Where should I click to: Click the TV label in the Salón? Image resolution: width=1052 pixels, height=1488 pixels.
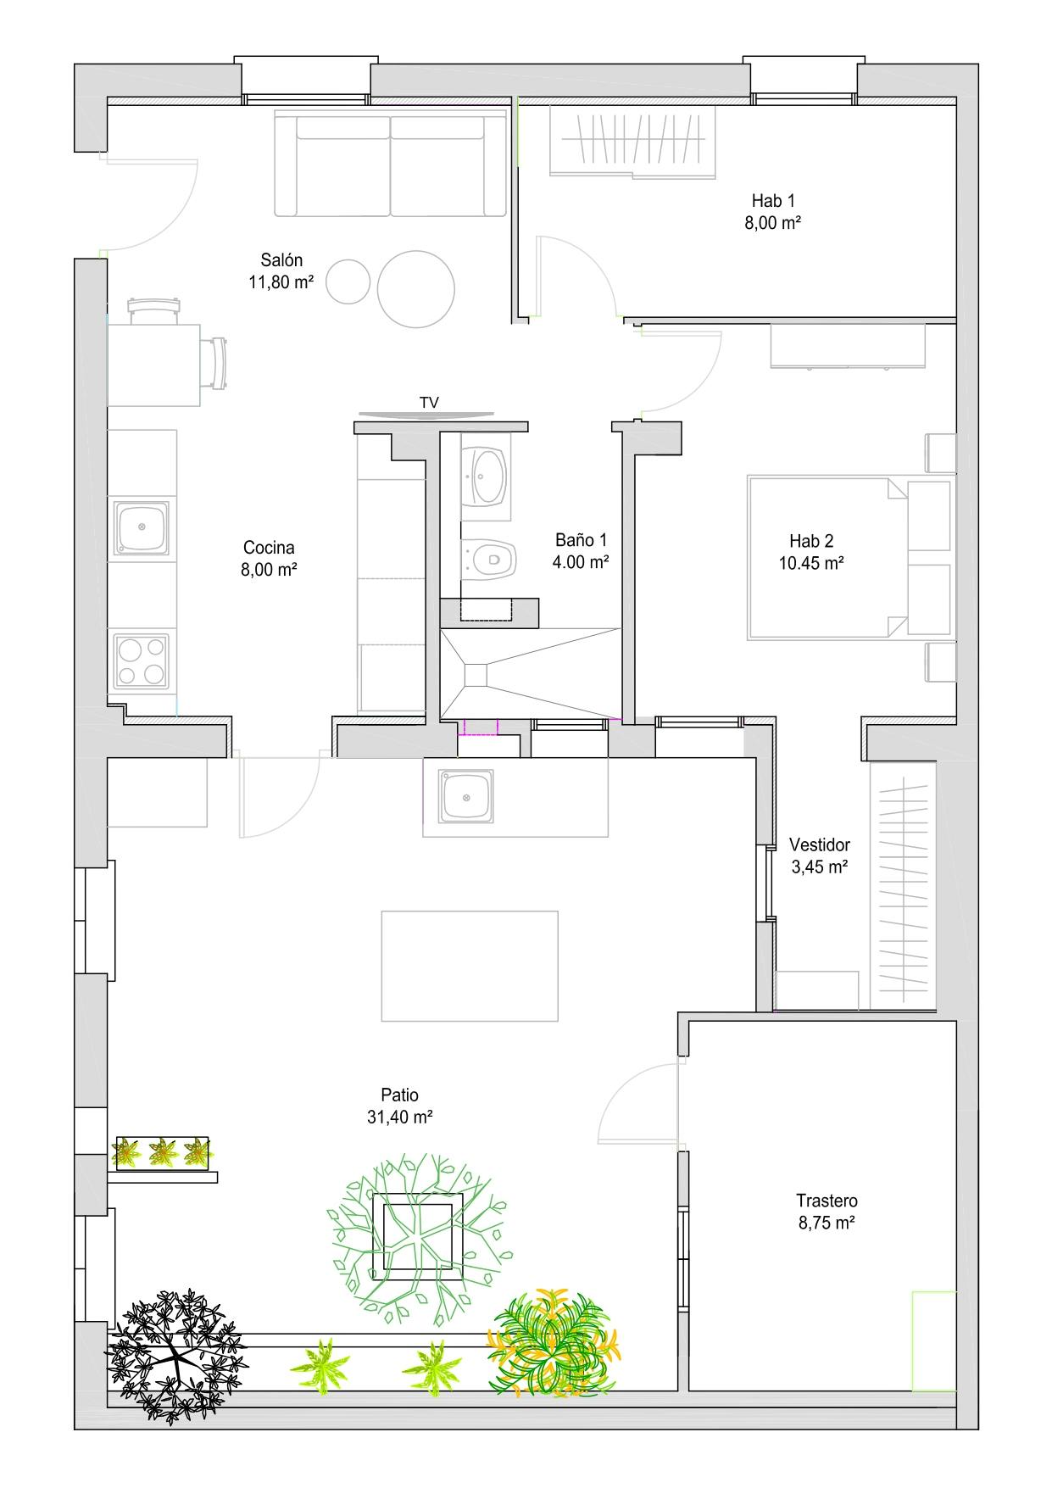(430, 403)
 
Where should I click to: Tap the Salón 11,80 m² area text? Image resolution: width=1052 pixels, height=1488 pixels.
(281, 271)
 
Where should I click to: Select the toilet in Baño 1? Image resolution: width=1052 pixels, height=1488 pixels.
(489, 559)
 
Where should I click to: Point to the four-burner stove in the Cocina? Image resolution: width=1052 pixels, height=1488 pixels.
(142, 661)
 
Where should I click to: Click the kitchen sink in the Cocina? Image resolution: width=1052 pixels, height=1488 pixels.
(142, 528)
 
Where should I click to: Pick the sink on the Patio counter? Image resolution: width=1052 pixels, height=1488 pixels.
(466, 795)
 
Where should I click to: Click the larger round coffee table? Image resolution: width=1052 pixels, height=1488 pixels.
(416, 288)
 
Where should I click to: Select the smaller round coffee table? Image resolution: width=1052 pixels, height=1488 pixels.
(349, 281)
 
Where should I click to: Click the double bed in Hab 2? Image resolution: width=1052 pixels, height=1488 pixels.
(848, 558)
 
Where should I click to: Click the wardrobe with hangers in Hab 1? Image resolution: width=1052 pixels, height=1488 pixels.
(633, 141)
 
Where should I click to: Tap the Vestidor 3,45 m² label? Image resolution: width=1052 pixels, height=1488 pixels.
(820, 855)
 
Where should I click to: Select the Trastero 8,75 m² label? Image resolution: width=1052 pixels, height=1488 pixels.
(827, 1212)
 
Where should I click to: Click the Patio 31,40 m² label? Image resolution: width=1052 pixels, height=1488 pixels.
(400, 1106)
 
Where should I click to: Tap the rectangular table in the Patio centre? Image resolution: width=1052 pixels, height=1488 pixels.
(470, 966)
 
